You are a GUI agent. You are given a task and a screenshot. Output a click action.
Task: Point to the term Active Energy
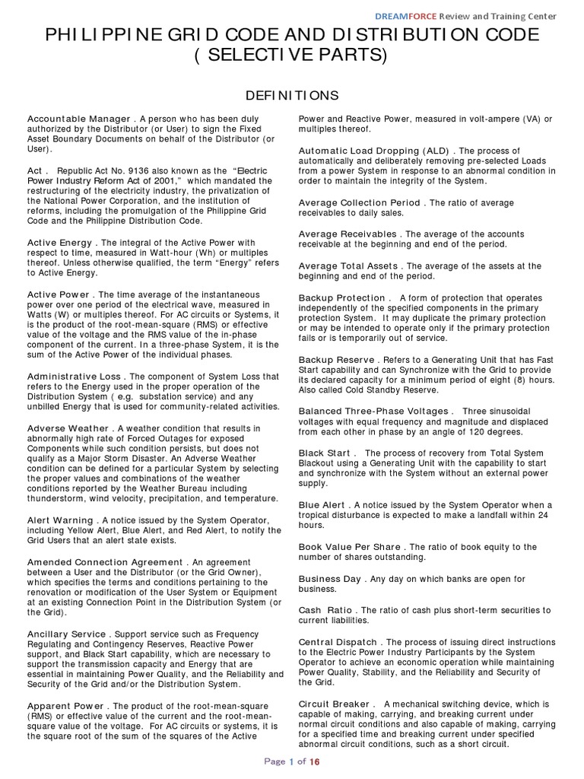[59, 243]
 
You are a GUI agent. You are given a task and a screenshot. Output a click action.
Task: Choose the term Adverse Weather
[68, 428]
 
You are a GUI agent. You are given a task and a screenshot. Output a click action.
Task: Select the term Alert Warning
[59, 520]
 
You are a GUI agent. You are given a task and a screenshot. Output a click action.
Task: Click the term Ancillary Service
[68, 634]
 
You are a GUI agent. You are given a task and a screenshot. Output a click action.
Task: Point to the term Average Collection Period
[359, 203]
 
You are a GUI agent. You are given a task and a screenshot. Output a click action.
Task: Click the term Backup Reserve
[336, 359]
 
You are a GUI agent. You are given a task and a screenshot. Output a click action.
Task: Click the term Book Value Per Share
[351, 547]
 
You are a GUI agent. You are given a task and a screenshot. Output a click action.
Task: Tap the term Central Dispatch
[335, 641]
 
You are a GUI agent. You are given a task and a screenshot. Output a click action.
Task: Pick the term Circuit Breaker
[335, 704]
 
